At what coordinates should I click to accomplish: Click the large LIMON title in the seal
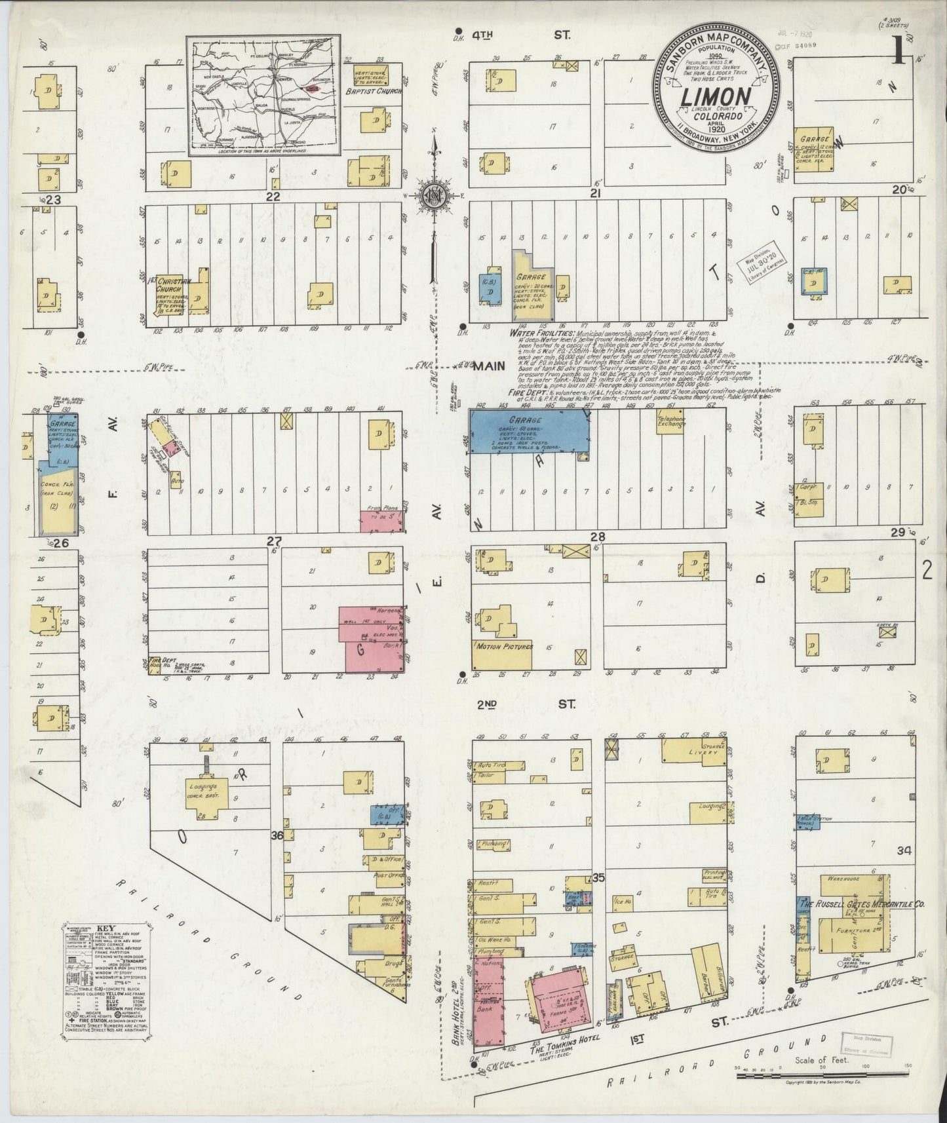pos(716,98)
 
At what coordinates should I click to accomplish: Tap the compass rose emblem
pos(433,197)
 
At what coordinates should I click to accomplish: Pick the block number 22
pos(273,196)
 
